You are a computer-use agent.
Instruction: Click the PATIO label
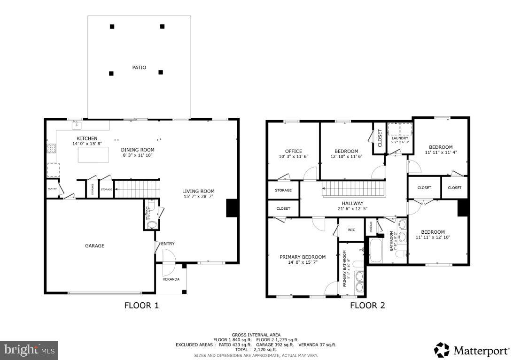(139, 68)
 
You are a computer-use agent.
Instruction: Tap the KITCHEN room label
(87, 138)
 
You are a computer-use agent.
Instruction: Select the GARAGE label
(94, 245)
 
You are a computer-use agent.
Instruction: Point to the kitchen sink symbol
(76, 125)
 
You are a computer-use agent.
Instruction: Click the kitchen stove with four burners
(51, 149)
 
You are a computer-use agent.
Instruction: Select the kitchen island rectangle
(93, 154)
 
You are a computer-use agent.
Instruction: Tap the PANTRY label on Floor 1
(52, 189)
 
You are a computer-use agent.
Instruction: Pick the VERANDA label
(171, 279)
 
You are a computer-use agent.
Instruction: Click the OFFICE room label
(294, 151)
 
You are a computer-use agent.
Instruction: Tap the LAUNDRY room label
(400, 138)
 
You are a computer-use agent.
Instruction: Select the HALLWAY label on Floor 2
(352, 203)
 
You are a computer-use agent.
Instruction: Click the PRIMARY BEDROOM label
(303, 257)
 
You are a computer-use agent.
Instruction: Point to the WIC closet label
(351, 230)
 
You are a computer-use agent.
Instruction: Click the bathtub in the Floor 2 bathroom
(376, 251)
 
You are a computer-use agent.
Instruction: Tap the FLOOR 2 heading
(367, 306)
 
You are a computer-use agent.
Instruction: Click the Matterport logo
(471, 350)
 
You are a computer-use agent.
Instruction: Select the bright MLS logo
(29, 350)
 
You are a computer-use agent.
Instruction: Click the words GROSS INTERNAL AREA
(256, 335)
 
